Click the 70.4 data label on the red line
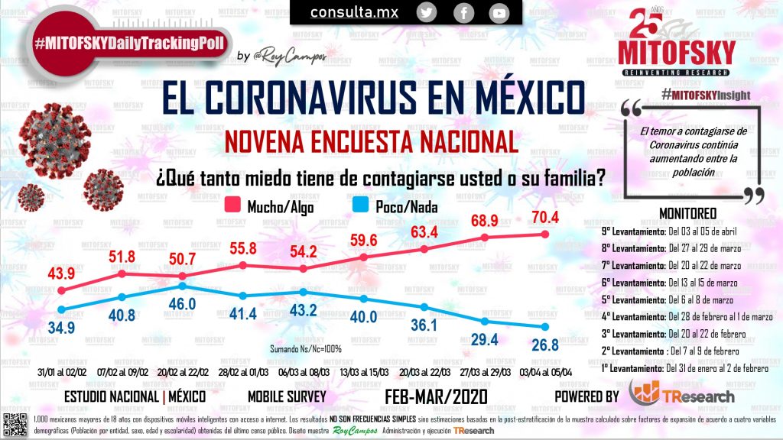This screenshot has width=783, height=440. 545,216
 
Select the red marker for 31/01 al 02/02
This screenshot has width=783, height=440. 61,291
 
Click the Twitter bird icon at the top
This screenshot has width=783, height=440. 427,12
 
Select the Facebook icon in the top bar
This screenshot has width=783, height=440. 463,12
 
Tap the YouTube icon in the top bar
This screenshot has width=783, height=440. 499,12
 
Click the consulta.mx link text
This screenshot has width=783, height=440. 353,12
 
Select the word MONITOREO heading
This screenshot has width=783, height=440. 686,213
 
